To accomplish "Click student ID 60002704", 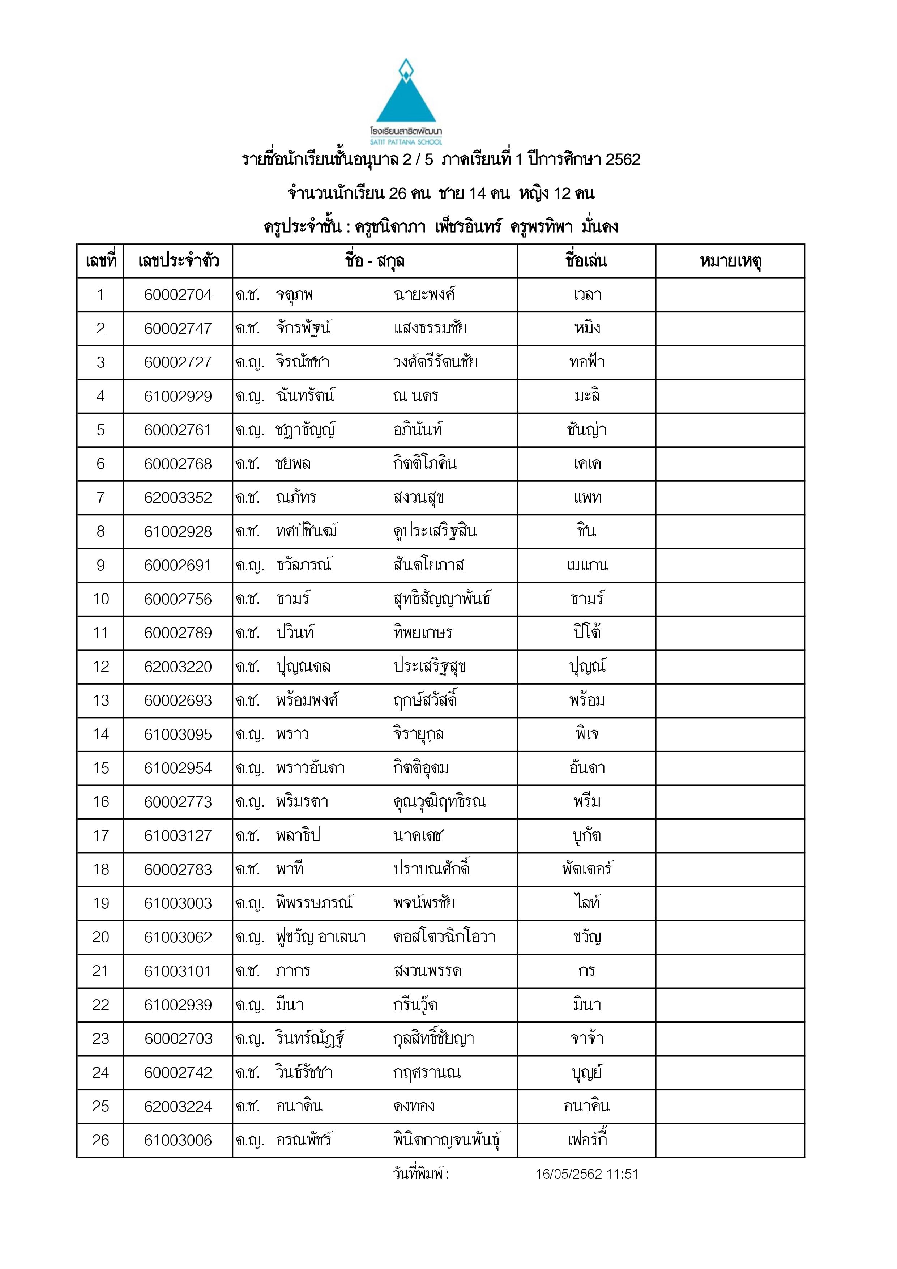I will (178, 295).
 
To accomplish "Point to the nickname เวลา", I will (587, 295).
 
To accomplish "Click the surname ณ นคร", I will (416, 396).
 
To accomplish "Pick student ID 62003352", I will (178, 498).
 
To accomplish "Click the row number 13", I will (101, 701).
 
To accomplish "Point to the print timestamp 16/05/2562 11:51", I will (586, 1175).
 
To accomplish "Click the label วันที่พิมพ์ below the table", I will (420, 1175).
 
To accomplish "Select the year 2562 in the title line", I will (623, 160).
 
